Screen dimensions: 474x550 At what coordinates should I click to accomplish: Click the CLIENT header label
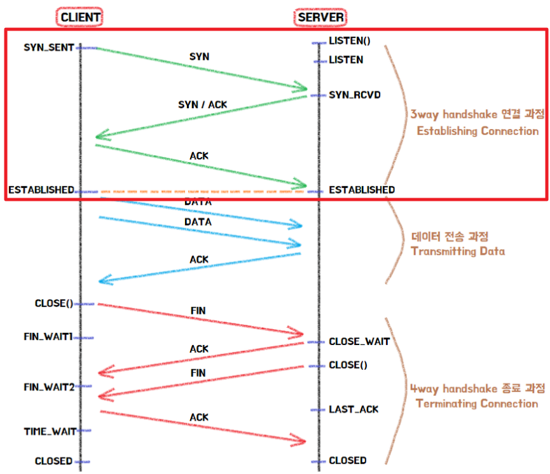tap(81, 17)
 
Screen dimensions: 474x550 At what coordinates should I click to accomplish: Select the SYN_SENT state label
tap(49, 47)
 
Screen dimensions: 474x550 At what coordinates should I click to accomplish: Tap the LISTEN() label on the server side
tap(349, 41)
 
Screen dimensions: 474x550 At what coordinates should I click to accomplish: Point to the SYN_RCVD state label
tap(355, 95)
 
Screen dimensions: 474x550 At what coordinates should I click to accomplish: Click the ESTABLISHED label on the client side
tap(41, 190)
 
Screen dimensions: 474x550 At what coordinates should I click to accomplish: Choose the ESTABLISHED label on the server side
tap(361, 190)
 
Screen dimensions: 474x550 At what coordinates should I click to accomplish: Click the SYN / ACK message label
tap(202, 104)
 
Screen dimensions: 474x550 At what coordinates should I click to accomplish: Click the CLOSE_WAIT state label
tap(359, 341)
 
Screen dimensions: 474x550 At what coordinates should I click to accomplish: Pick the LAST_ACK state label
tap(354, 409)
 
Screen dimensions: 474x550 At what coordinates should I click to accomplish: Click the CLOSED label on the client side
tap(53, 461)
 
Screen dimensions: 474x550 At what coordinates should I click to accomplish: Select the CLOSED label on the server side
tap(347, 460)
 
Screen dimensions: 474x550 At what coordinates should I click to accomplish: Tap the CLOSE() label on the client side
tap(54, 303)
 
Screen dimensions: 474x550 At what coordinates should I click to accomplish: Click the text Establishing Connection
tap(477, 131)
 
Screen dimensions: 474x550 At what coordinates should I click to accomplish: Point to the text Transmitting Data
tap(458, 251)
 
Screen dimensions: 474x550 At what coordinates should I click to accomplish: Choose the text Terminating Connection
tap(476, 403)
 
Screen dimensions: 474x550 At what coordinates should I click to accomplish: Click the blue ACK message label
tap(199, 260)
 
